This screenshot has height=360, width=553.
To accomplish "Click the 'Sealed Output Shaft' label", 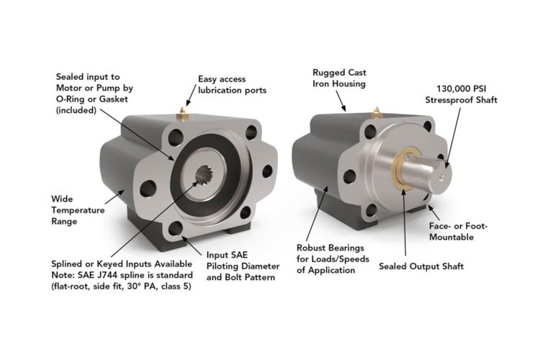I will pyautogui.click(x=421, y=266).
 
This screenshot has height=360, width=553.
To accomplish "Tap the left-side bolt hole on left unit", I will pyautogui.click(x=150, y=190).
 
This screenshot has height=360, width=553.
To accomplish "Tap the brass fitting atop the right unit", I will pyautogui.click(x=375, y=109).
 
